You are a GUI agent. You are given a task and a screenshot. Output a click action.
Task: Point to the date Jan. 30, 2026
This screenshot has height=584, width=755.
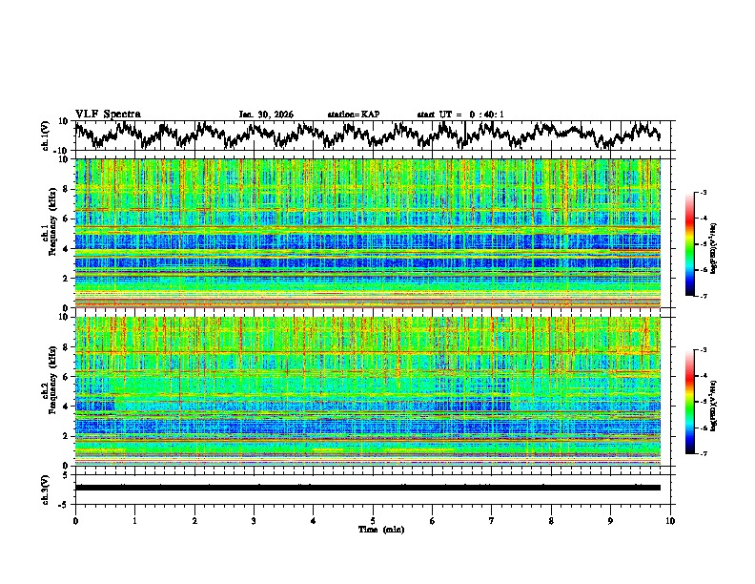(x=266, y=115)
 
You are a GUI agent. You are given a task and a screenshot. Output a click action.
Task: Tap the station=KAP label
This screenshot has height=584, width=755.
(x=354, y=115)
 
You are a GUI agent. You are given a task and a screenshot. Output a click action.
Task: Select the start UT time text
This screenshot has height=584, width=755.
(x=460, y=115)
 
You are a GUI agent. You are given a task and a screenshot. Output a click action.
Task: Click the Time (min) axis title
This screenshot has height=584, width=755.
(x=373, y=529)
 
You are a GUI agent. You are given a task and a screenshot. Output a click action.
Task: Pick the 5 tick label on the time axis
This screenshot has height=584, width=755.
(x=373, y=520)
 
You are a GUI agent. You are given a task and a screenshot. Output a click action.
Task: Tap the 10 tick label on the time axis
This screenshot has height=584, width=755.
(x=670, y=520)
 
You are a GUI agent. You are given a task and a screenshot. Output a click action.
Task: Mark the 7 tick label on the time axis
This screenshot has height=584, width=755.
(x=492, y=520)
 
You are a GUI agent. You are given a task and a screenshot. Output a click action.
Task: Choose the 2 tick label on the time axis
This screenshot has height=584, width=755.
(x=194, y=520)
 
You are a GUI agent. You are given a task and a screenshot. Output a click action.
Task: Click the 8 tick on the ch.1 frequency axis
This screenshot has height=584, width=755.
(x=66, y=189)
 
